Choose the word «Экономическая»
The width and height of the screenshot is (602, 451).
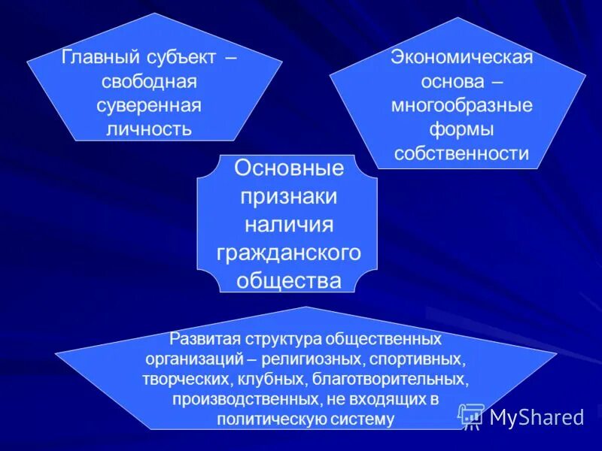tap(461, 58)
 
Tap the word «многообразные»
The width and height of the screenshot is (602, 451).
tap(461, 106)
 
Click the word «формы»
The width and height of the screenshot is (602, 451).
tap(461, 129)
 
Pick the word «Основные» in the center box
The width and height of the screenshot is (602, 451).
tap(288, 168)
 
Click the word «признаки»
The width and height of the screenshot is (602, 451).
tap(288, 196)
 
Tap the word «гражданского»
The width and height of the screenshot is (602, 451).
tap(288, 253)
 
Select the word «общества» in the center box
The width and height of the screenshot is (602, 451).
tap(288, 280)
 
